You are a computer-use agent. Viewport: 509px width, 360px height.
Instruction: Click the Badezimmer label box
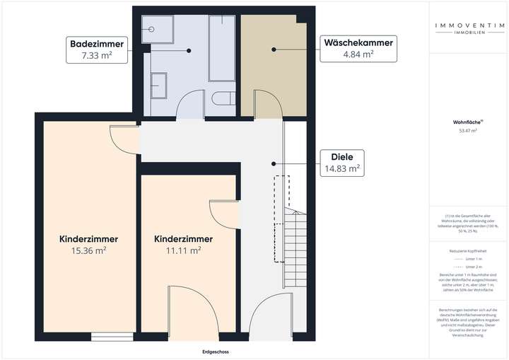tap(97, 50)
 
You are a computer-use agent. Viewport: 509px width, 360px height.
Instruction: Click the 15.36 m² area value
tap(88, 250)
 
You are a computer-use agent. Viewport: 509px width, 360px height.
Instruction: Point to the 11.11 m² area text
tap(183, 250)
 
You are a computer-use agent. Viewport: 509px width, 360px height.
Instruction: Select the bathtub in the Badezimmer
tap(222, 49)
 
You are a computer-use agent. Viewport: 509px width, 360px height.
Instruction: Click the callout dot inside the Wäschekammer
tap(274, 50)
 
